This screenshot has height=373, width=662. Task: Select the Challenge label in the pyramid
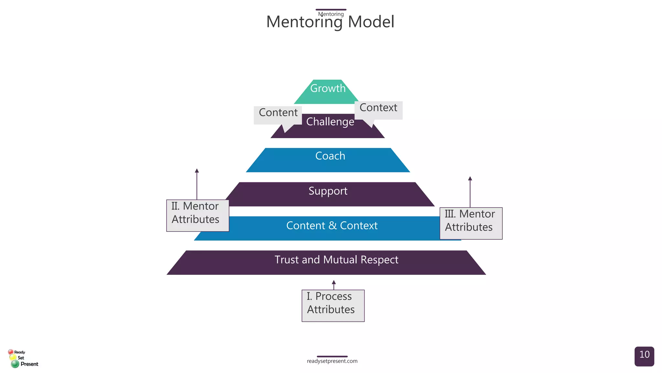330,122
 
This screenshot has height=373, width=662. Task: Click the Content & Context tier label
332,226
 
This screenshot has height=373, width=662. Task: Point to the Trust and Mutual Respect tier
336,260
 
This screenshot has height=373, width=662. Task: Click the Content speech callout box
278,113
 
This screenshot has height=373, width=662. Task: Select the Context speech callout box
378,108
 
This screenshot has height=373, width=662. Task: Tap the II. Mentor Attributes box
198,215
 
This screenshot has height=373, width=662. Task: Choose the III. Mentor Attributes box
471,223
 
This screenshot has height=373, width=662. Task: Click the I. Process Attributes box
333,305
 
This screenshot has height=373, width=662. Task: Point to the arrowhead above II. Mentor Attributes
197,171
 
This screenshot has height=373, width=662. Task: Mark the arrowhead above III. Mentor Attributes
470,178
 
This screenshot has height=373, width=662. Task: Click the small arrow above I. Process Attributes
334,283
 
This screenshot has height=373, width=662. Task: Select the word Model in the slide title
371,22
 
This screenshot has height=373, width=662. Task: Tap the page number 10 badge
644,356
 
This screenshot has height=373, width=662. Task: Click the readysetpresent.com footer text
332,361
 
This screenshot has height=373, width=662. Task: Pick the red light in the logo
11,352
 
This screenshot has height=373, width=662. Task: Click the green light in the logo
15,364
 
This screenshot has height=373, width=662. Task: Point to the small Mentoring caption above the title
331,14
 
